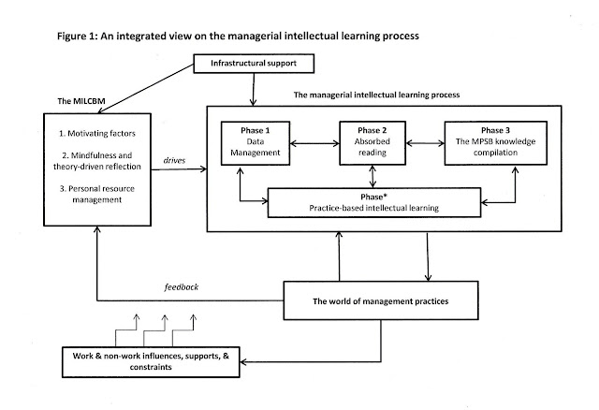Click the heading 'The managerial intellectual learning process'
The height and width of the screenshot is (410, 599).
click(x=378, y=95)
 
